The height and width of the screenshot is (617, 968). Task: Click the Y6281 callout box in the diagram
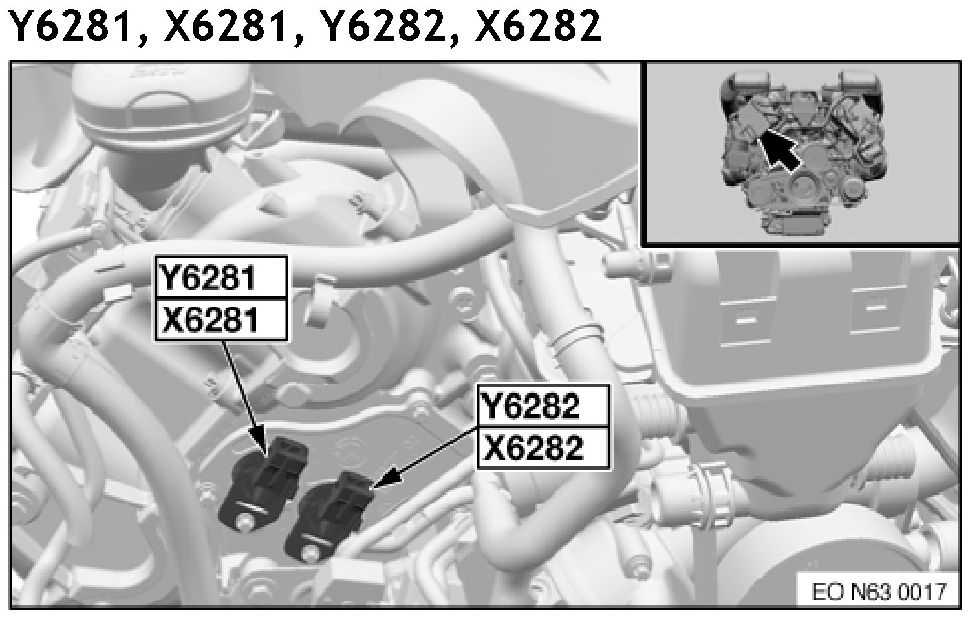tap(221, 277)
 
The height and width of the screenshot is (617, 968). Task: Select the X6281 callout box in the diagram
tap(221, 319)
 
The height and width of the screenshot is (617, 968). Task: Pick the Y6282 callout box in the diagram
tap(543, 406)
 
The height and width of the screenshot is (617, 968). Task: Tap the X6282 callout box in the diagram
tap(543, 448)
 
